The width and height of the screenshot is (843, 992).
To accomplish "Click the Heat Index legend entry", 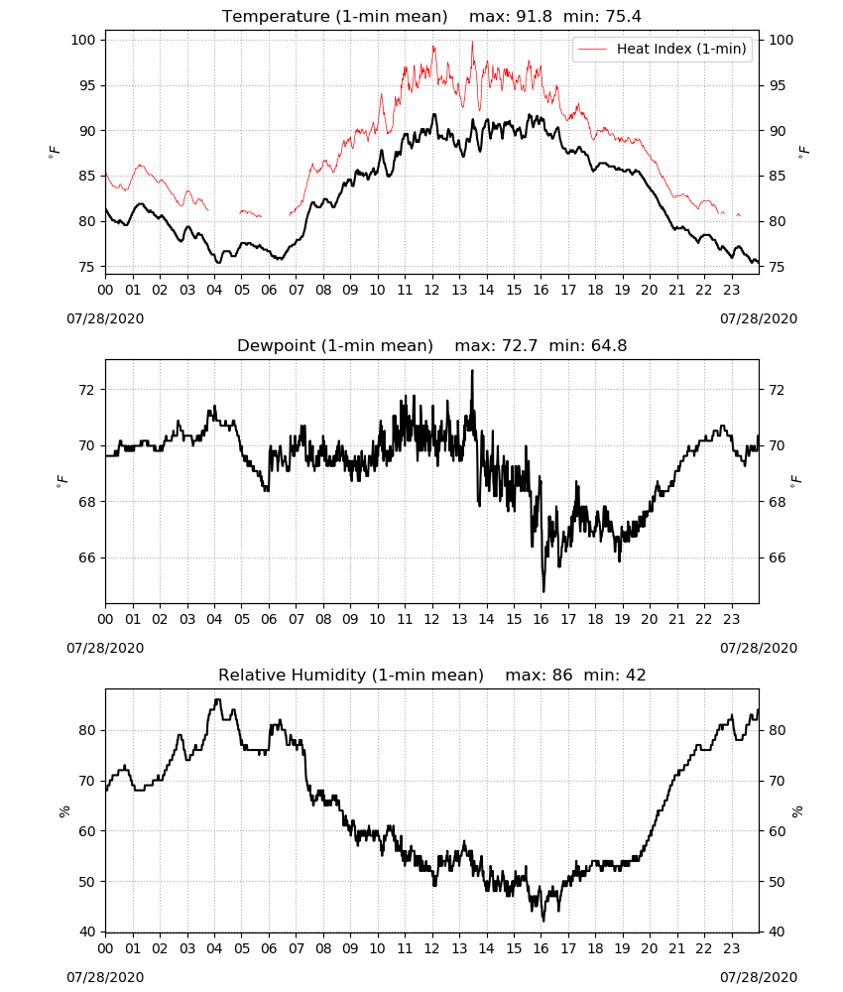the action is [662, 49].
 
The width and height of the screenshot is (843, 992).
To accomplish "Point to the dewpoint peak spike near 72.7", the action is [472, 371].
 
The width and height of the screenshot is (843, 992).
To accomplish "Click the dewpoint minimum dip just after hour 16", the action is [543, 591].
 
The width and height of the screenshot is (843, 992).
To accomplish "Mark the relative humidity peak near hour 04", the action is [217, 700].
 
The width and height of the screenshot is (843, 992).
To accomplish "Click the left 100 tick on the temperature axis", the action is [83, 40].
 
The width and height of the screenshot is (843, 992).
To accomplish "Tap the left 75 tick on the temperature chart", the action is [86, 267].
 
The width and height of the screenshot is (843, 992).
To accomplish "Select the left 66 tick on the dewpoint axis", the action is [86, 558].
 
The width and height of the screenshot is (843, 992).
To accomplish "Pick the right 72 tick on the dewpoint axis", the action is [777, 390].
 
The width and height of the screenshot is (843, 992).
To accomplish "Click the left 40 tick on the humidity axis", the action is [87, 931].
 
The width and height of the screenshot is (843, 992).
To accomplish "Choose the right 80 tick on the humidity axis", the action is [777, 730].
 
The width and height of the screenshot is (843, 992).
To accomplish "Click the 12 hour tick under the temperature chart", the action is [432, 290].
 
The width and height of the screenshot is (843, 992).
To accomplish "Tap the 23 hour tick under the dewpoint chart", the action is [731, 619].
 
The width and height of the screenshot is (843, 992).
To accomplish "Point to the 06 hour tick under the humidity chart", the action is [269, 948].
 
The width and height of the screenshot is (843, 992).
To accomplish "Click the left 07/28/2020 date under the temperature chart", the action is [105, 318].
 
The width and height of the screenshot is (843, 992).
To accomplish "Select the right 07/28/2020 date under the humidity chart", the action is [759, 977].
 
